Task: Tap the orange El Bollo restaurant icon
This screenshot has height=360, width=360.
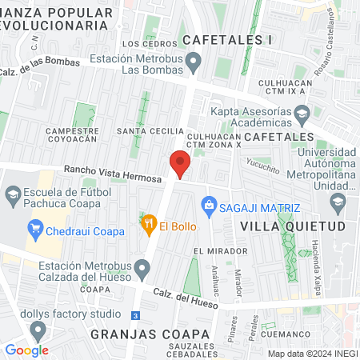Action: pos(147,226)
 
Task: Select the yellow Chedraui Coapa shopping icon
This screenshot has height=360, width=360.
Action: pos(35,231)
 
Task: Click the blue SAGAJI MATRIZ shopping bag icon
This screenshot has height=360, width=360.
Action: pos(210,204)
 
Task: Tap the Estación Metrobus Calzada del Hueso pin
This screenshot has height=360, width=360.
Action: pos(142,267)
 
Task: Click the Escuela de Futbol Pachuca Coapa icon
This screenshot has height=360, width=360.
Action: pos(13,194)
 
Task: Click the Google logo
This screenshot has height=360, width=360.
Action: pos(26,350)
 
